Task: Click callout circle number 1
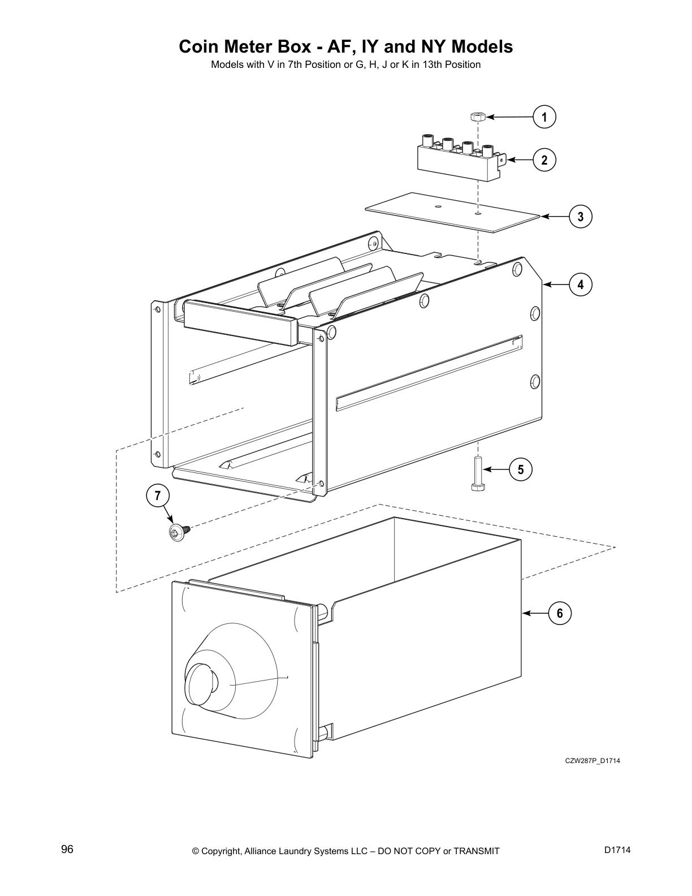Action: coord(544,117)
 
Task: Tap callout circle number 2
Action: coord(544,160)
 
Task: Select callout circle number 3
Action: coord(581,217)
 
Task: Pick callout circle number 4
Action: coord(581,285)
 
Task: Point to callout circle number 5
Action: coord(521,469)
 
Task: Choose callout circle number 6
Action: coord(560,613)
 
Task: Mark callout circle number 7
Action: coord(158,496)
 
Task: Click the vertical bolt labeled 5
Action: coord(478,473)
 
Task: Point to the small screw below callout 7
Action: coord(178,532)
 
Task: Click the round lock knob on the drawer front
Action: coord(202,680)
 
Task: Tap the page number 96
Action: coord(67,850)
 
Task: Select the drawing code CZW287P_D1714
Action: coord(592,761)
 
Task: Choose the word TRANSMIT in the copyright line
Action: coord(476,851)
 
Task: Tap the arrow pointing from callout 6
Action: coord(535,613)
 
